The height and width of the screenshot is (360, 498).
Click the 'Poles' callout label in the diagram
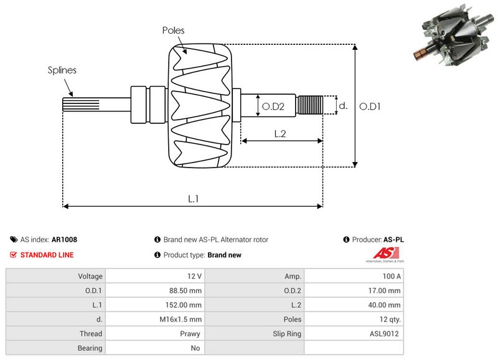point(173,30)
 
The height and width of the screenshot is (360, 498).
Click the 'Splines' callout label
point(62,70)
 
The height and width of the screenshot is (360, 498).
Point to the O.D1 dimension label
point(370,106)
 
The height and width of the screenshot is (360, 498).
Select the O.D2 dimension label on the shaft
point(273,107)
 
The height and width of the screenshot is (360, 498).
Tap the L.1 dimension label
point(194,199)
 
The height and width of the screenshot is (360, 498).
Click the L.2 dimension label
point(280,133)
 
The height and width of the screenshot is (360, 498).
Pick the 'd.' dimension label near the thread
point(342,106)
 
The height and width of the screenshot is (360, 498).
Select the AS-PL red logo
point(381,253)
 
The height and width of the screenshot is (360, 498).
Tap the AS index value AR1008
point(64,239)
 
